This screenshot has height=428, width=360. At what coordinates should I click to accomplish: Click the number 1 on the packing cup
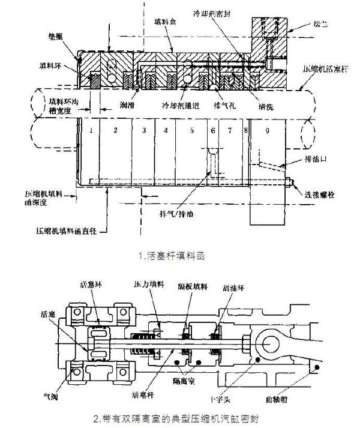point(89,130)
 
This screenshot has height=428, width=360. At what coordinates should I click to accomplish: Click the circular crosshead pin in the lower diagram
point(266,342)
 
